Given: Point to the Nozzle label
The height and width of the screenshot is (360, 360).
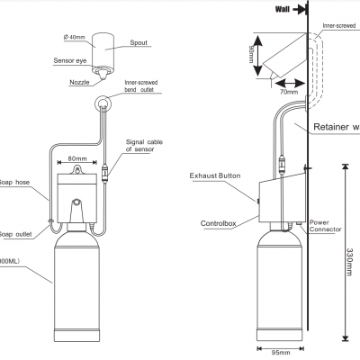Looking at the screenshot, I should coord(78,81).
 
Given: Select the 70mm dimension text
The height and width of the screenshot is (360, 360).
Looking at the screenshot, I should coord(288,91).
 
